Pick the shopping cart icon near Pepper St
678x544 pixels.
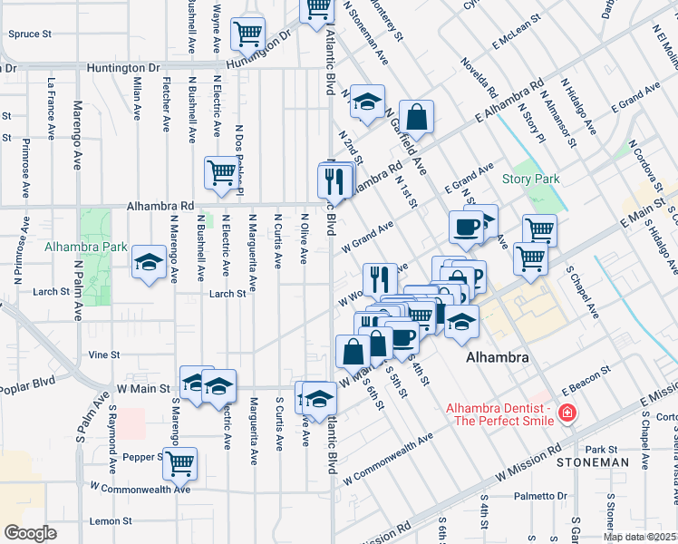[x=179, y=462]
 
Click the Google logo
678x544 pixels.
[x=30, y=532]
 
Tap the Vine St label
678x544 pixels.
[x=103, y=355]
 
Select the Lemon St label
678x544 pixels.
[x=111, y=521]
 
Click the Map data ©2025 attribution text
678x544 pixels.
[x=640, y=537]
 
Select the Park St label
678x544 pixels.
[x=600, y=450]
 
